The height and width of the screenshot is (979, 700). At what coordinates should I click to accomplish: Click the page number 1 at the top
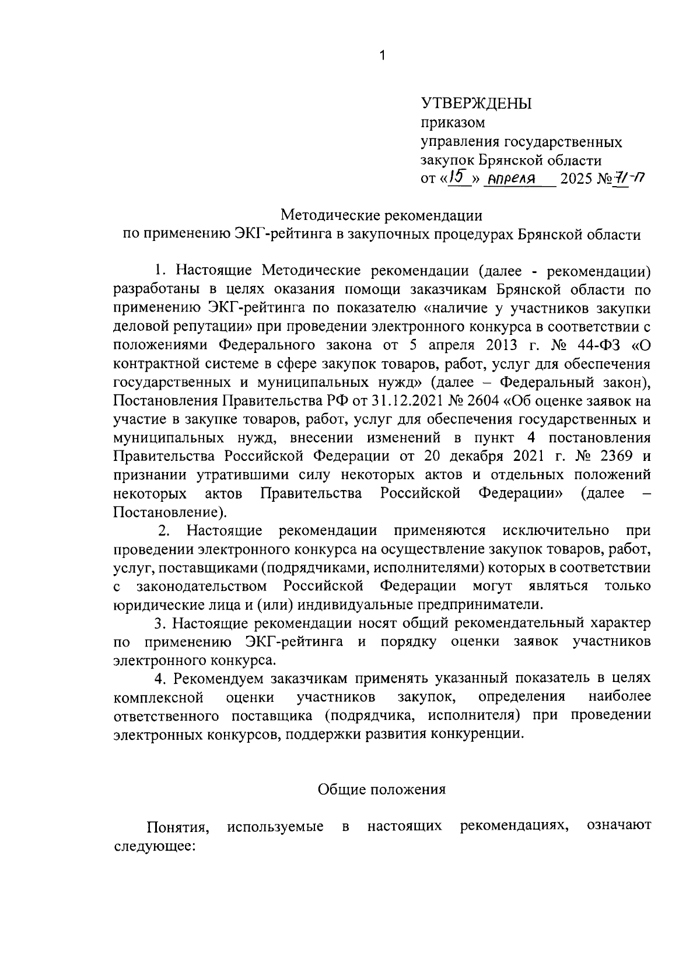pos(382,56)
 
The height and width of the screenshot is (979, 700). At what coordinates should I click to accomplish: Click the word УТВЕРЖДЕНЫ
pos(477,104)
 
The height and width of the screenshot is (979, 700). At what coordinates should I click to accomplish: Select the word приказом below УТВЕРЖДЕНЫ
pos(453,123)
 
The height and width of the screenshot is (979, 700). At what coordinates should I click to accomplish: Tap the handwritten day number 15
pos(458,176)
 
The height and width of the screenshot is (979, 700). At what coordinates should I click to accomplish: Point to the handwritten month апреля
pos(512,179)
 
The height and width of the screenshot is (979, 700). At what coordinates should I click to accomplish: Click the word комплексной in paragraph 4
pos(158,697)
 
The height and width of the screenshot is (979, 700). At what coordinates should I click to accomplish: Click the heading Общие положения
pos(381,789)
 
